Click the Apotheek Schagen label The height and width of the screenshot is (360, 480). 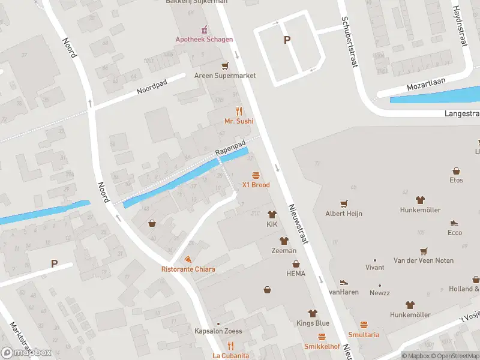(204, 40)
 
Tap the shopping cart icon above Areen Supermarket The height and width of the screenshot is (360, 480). (225, 65)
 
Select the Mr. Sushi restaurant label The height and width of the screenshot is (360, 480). (239, 121)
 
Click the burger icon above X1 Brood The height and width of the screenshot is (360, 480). (256, 175)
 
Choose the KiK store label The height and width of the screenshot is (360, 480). (272, 224)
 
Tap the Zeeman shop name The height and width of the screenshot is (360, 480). (284, 250)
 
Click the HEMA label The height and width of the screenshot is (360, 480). (295, 274)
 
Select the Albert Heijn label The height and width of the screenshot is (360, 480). (344, 213)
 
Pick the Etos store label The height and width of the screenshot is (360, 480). (456, 180)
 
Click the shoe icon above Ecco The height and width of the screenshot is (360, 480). (455, 222)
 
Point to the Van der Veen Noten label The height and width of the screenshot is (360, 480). (423, 260)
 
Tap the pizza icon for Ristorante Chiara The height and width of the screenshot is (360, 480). (188, 259)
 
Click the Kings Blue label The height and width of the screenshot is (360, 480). (312, 323)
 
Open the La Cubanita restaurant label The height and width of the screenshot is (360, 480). (230, 356)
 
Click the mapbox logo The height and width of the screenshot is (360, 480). (26, 352)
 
